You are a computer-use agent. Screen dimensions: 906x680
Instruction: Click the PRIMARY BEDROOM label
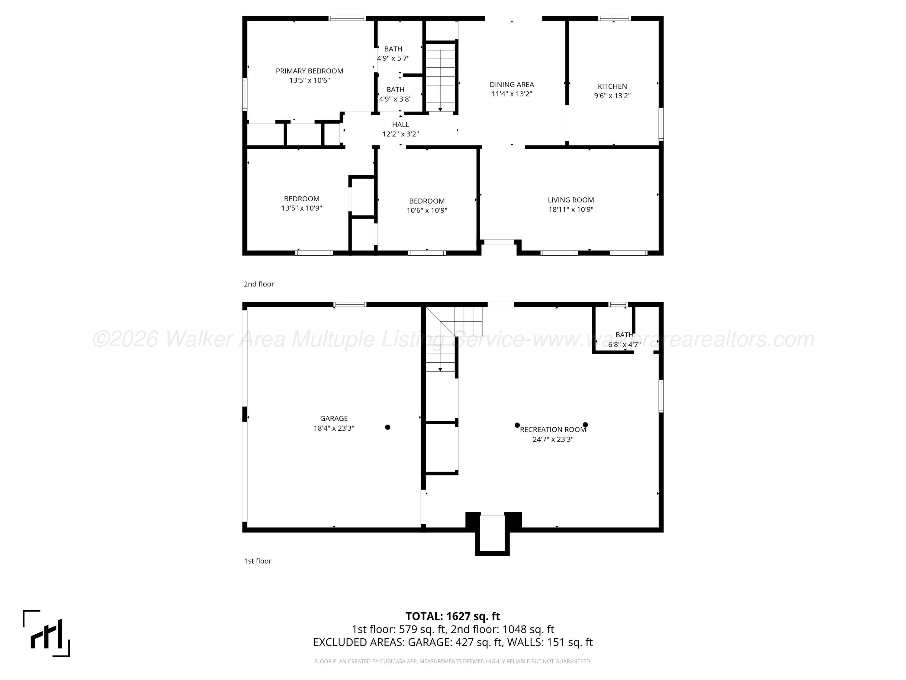(x=309, y=71)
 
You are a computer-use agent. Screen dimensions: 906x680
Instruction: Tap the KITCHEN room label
(x=612, y=86)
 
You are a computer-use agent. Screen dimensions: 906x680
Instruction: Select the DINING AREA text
(x=512, y=84)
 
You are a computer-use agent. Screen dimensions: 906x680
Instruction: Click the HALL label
(x=400, y=125)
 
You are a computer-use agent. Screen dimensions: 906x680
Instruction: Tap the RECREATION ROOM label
(x=553, y=429)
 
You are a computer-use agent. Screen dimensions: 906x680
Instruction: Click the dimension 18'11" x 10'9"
(x=571, y=209)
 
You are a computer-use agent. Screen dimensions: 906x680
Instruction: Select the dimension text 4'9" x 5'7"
(x=393, y=58)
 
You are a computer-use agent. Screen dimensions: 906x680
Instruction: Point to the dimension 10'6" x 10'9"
(x=427, y=211)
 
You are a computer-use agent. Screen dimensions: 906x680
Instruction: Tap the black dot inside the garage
(x=387, y=427)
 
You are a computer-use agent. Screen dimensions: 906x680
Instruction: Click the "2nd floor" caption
(x=259, y=284)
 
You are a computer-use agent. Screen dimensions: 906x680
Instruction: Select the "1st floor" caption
(x=258, y=561)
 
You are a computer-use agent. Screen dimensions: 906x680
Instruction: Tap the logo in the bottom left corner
(x=46, y=633)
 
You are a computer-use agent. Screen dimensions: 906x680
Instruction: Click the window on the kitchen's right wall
(x=661, y=124)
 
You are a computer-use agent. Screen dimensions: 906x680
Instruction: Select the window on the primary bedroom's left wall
(x=245, y=94)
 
